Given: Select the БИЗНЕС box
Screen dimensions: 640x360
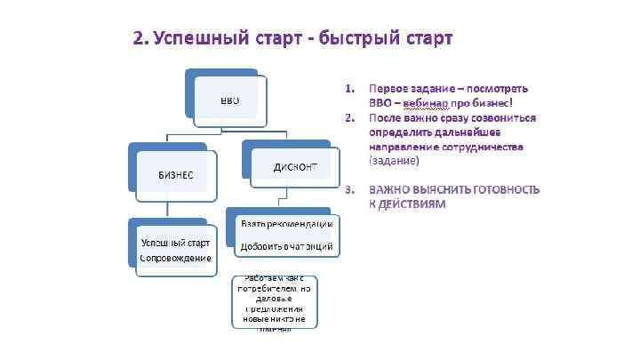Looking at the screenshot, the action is coord(176,173).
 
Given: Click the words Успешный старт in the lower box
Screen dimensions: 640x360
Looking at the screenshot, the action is coord(176,243).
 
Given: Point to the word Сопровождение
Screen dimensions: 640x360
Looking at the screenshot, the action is coord(176,258).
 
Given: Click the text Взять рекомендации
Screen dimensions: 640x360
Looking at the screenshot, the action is coord(287,223).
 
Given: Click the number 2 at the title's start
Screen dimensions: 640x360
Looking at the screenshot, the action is coord(139,39).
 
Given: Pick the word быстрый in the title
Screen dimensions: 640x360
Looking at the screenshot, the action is coord(361,39).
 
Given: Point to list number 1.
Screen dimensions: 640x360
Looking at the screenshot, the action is coord(349,88).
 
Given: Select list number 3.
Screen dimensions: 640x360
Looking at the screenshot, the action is coord(349,189).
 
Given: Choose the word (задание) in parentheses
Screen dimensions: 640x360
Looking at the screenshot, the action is coord(394,161).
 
